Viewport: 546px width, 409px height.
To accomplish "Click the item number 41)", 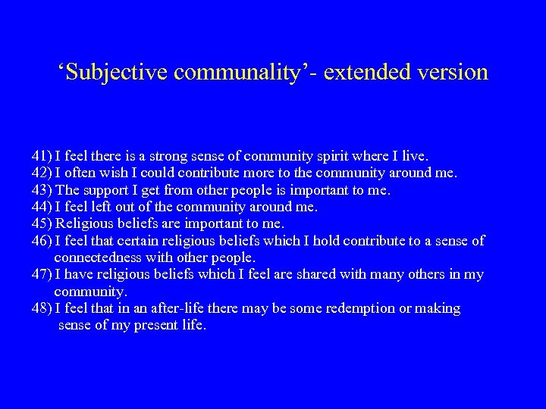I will (42, 155).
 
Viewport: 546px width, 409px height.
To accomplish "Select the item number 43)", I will (42, 189).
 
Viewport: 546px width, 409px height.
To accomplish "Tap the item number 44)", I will (42, 206).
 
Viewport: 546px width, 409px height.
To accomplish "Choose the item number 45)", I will (42, 223).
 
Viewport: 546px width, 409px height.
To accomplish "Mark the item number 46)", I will (42, 241).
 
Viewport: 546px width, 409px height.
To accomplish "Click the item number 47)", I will (42, 275).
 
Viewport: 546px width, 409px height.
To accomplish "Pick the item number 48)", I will (42, 309).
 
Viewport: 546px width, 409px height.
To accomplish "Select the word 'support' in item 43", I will (103, 190).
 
